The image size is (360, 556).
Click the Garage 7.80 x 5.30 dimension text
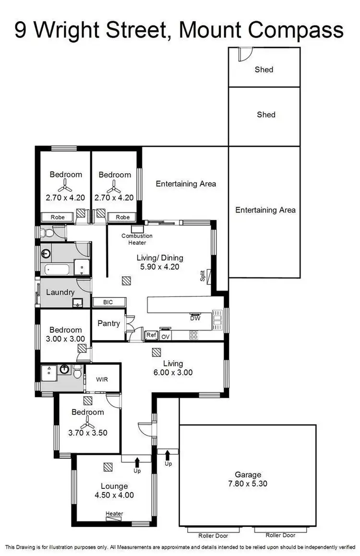tap(248, 484)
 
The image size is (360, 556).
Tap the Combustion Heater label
tap(137, 239)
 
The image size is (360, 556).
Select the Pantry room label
tap(108, 323)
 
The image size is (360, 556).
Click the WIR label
tap(102, 379)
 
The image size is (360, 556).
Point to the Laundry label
tap(60, 292)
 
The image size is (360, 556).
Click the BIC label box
tap(109, 302)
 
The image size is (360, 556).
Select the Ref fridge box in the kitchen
tap(151, 335)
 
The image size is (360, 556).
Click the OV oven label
tap(166, 336)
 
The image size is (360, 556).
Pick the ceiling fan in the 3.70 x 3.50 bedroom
tap(88, 423)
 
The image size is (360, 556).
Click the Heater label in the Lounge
tap(114, 514)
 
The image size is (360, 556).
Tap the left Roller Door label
tap(214, 535)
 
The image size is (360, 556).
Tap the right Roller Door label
tap(281, 535)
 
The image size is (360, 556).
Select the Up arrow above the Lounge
tap(137, 463)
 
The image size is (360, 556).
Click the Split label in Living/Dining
tap(203, 276)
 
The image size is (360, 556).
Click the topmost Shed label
tap(264, 70)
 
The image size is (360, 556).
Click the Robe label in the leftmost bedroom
tap(58, 217)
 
